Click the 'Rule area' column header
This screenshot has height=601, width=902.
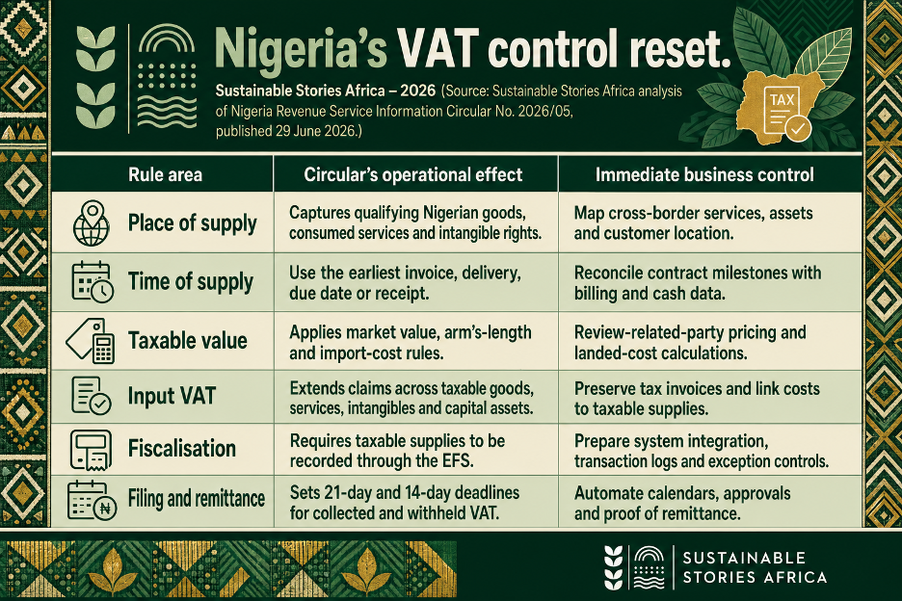point(165,175)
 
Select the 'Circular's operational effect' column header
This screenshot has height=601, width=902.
point(413,175)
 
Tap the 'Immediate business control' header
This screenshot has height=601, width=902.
point(704,175)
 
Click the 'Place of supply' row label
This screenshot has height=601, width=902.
point(192,223)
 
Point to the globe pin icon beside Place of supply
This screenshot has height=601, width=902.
point(92,223)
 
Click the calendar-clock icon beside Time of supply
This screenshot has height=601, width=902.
point(93,282)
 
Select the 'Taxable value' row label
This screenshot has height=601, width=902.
point(188,341)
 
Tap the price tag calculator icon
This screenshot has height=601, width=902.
point(91,341)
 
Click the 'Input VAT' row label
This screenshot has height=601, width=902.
point(172,396)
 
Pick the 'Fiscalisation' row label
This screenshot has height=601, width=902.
point(182,448)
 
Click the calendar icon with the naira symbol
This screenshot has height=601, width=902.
point(93,501)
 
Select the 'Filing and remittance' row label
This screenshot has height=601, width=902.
point(197,499)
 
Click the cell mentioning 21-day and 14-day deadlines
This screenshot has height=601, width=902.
point(405,503)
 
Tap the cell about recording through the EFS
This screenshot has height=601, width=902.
point(397,451)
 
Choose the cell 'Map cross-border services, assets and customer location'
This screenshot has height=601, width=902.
point(693,223)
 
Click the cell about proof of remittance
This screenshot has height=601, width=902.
point(682,503)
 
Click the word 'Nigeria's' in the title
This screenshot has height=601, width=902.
point(301,48)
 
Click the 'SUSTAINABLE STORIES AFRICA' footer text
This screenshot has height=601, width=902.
point(755,567)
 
